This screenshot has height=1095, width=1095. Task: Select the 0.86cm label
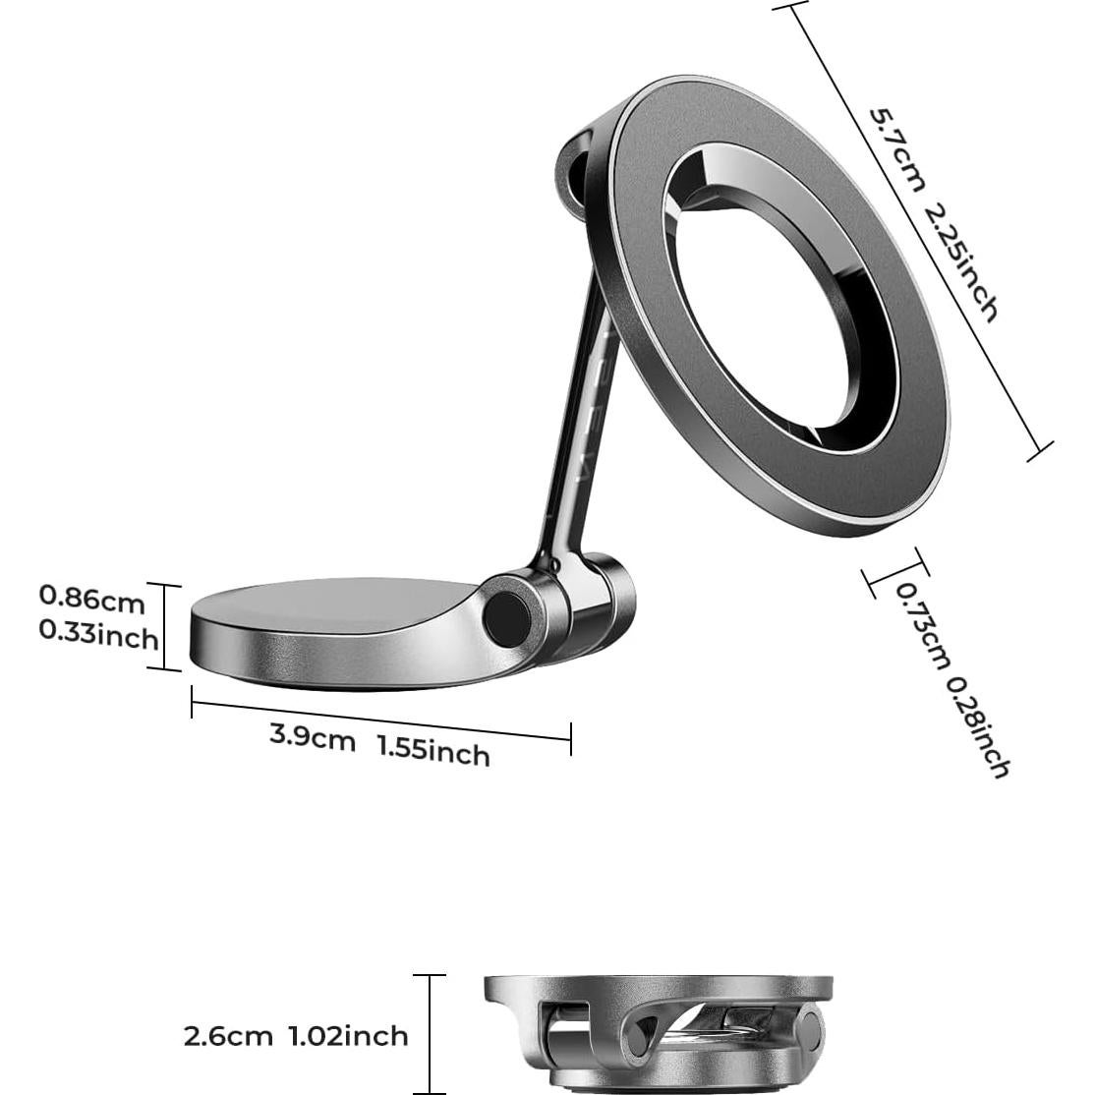click(91, 597)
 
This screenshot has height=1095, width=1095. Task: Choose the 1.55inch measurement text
click(433, 751)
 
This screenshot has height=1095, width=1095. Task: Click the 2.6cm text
click(228, 1035)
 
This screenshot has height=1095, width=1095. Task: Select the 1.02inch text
click(348, 1035)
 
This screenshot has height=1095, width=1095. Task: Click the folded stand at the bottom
click(657, 1033)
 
